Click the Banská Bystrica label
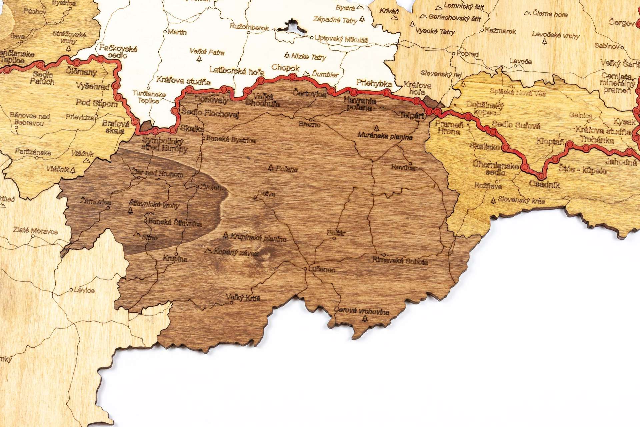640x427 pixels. tap(231, 139)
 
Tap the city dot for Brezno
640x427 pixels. tap(310, 120)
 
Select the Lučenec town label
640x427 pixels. tap(322, 270)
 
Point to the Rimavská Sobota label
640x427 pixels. tap(400, 261)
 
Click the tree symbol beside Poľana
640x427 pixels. tap(271, 167)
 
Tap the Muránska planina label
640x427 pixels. tap(385, 136)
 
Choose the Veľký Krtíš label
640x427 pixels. tap(243, 297)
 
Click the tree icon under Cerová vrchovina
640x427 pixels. tap(365, 319)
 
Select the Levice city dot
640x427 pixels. tap(71, 290)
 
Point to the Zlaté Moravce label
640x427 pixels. tap(35, 230)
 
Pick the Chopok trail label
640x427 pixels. tap(285, 68)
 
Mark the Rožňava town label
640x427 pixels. tap(488, 186)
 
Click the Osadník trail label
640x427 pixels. tap(544, 184)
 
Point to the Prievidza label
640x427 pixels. tap(80, 117)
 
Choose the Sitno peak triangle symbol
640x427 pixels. tap(136, 234)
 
